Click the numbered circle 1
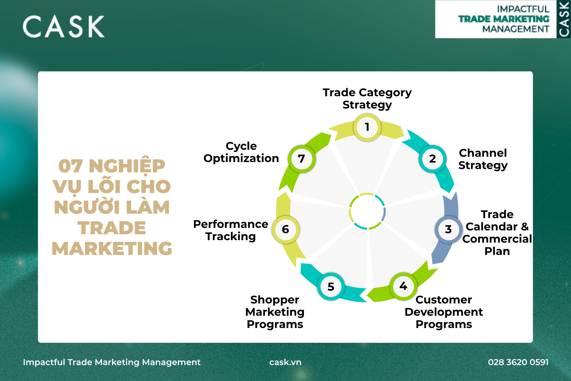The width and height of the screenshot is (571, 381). [x=367, y=127]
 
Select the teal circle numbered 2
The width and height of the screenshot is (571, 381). [x=432, y=159]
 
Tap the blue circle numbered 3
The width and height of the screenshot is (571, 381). [x=448, y=230]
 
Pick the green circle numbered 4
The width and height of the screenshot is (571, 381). [x=403, y=286]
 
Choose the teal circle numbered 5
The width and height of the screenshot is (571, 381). [x=331, y=286]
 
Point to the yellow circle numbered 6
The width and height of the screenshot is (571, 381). [x=285, y=230]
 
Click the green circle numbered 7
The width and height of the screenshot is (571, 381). [x=302, y=159]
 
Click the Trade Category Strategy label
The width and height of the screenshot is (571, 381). [x=367, y=99]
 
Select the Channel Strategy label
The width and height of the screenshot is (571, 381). [x=483, y=159]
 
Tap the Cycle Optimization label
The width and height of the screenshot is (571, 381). [x=241, y=152]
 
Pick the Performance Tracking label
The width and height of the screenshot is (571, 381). [x=231, y=230]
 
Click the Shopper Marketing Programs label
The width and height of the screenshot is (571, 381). [x=275, y=312]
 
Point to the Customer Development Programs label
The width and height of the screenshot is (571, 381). [x=444, y=312]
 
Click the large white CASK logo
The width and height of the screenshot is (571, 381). [x=64, y=26]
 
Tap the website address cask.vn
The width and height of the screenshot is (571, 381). [x=285, y=362]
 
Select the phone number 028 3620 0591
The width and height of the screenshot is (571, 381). [x=518, y=362]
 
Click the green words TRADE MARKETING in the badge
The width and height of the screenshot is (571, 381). [x=504, y=19]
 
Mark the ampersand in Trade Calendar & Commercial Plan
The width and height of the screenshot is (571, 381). [x=525, y=226]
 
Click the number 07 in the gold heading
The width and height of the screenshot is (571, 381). [x=70, y=166]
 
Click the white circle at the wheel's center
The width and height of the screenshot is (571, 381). [x=367, y=211]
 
